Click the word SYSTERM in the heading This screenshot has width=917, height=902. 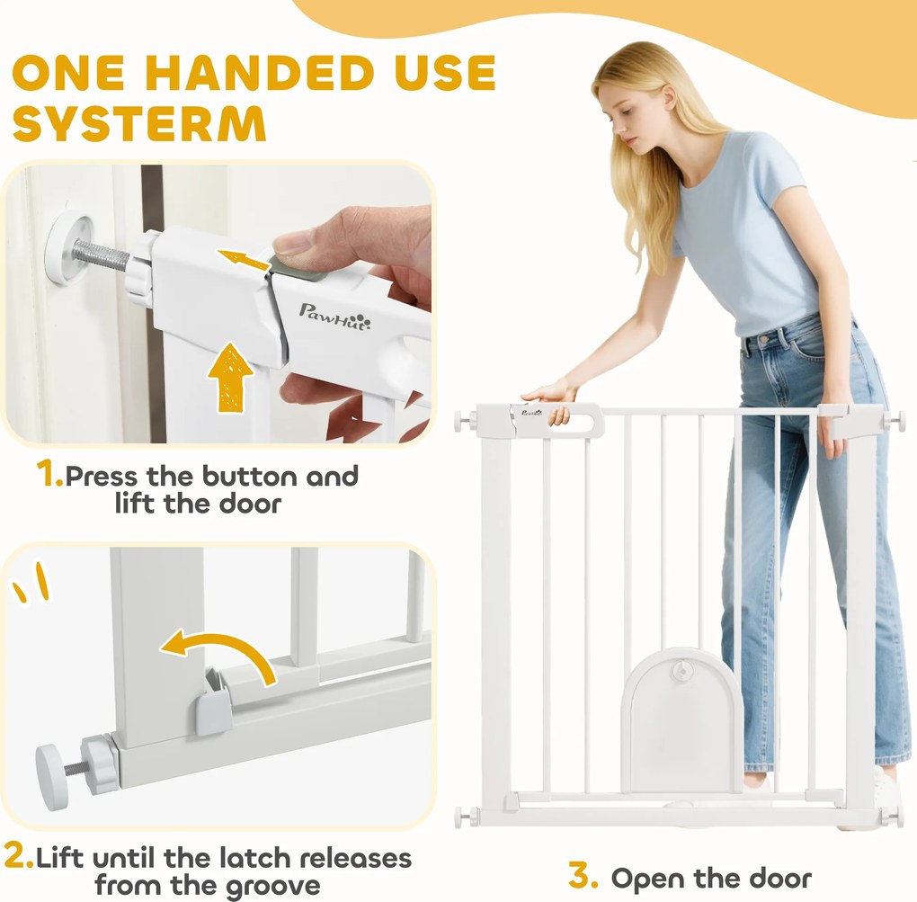139,124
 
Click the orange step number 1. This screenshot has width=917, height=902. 49,473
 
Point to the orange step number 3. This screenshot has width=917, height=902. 583,876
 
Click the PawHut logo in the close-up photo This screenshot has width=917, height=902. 334,317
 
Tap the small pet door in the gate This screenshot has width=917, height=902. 681,719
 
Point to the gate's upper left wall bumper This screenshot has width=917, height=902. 465,421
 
